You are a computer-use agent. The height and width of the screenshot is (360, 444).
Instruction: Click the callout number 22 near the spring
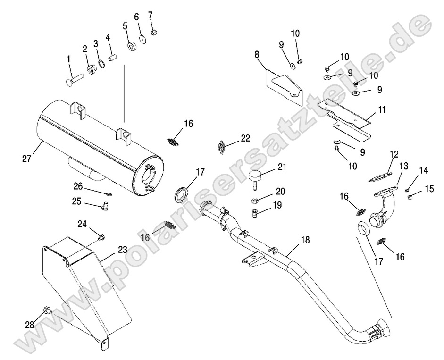(x=245, y=138)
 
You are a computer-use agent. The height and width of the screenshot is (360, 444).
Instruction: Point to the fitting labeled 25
(x=104, y=205)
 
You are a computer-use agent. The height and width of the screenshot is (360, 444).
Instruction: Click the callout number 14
(x=423, y=171)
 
